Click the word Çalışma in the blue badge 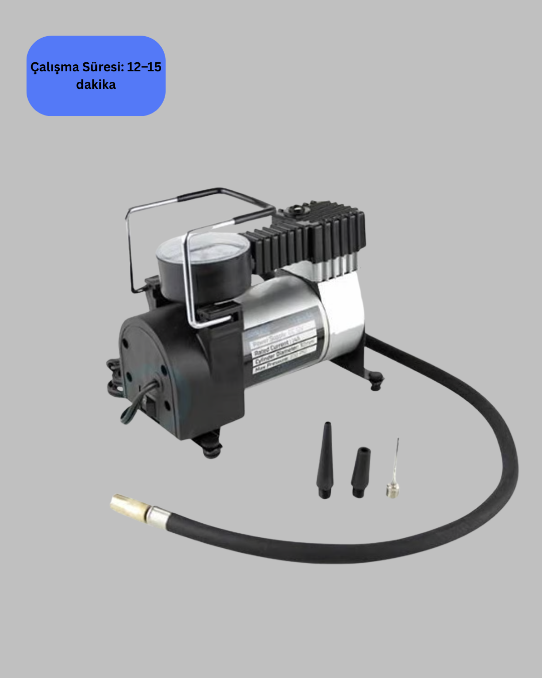click(55, 67)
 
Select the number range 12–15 click(144, 67)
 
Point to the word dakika click(96, 84)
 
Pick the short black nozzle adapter click(361, 472)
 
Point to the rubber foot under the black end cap click(213, 450)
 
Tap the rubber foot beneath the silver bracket click(376, 382)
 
